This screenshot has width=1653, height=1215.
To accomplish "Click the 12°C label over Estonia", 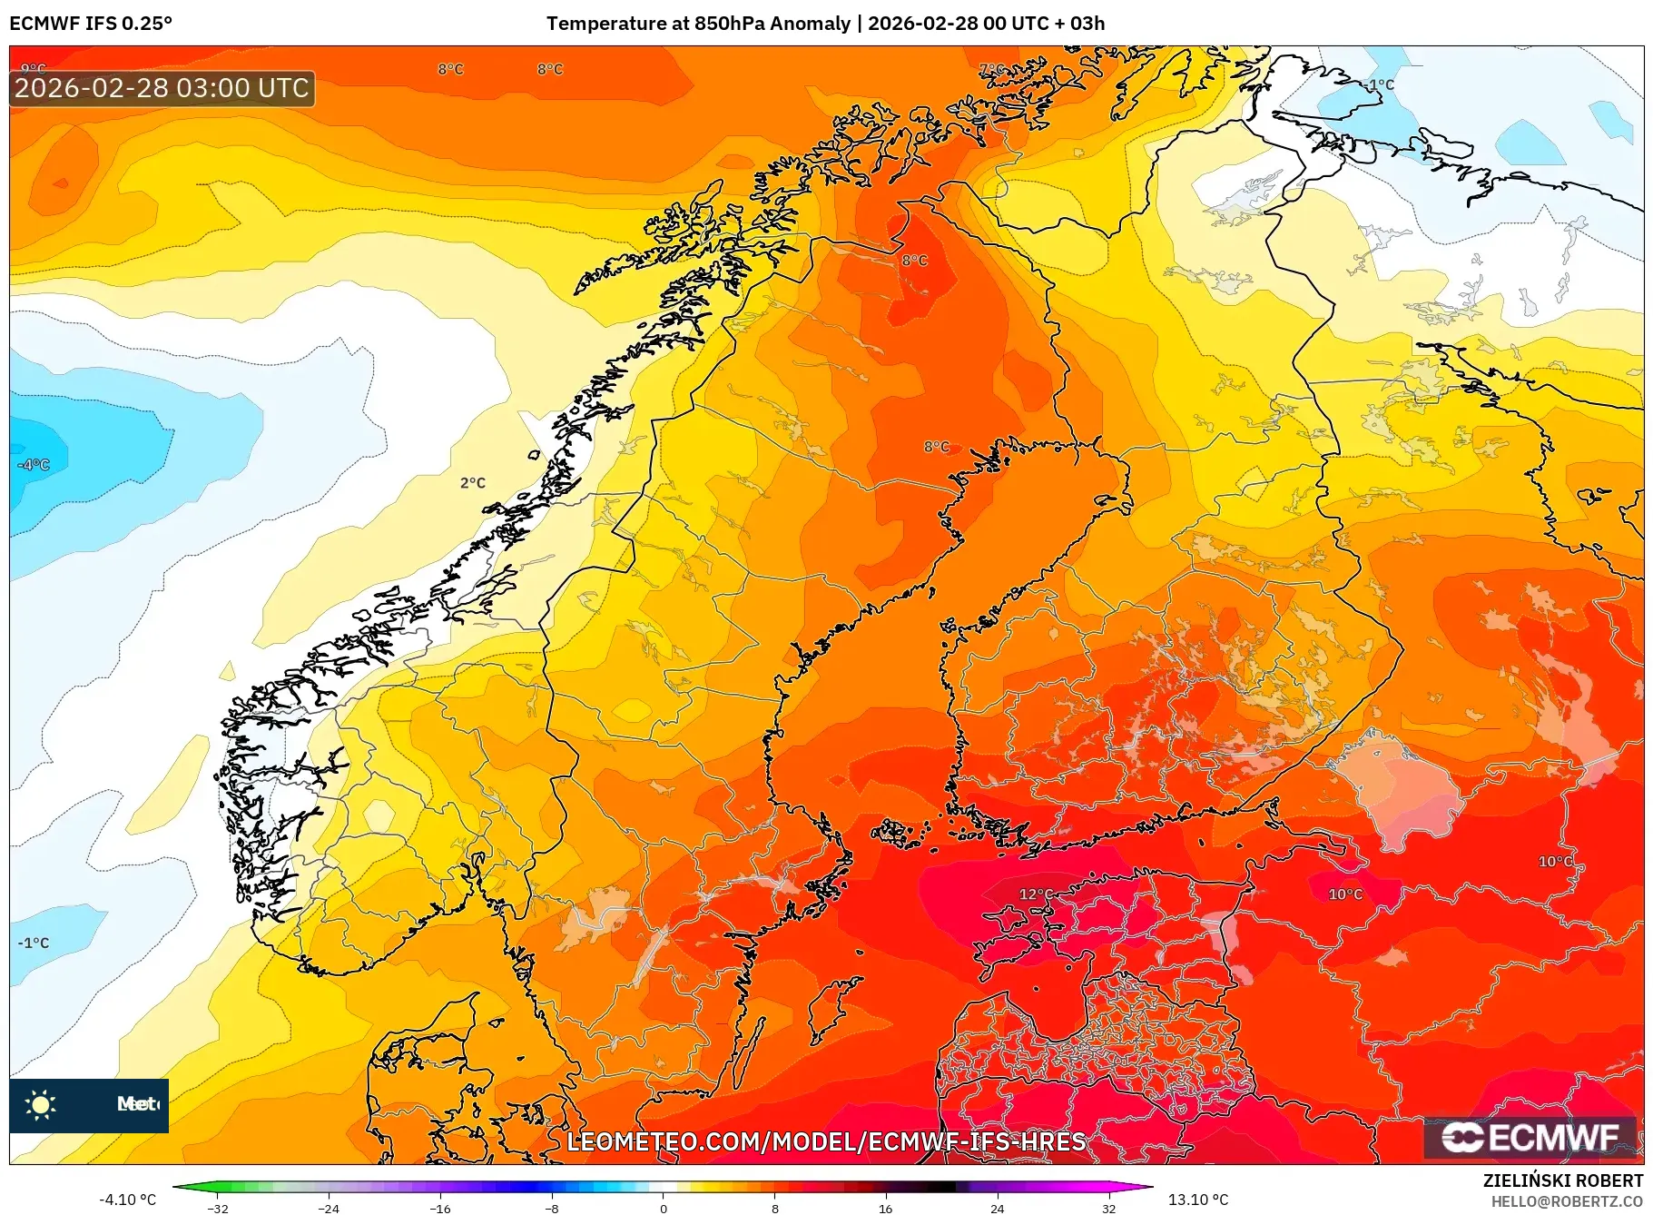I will (1036, 894).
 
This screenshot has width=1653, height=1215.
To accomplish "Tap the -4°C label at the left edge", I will (34, 465).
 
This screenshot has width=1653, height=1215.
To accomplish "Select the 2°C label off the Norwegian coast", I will (472, 483).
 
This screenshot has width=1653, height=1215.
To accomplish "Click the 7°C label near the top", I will (992, 70).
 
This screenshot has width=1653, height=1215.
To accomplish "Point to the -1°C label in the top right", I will (1380, 84).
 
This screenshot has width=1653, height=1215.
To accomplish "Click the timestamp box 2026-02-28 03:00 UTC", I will (162, 88).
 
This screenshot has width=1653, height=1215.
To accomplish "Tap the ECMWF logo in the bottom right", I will (1530, 1137).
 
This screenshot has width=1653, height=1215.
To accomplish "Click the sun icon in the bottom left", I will (41, 1104).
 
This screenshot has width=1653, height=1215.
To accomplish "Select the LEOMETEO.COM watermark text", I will (826, 1141).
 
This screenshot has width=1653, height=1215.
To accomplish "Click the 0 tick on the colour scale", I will (663, 1208).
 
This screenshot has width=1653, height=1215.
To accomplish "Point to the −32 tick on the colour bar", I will (218, 1208).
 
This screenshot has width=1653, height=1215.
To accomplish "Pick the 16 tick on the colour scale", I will (885, 1208).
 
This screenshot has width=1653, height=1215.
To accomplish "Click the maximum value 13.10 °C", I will (1197, 1200).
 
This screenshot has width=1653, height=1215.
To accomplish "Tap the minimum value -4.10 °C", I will (128, 1200).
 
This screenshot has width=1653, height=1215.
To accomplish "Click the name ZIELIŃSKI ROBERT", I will (1562, 1180).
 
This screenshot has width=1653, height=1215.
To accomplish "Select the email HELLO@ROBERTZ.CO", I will (1566, 1201).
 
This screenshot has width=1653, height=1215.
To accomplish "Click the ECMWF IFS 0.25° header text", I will (91, 24).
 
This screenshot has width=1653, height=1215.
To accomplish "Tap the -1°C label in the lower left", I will (34, 943).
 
